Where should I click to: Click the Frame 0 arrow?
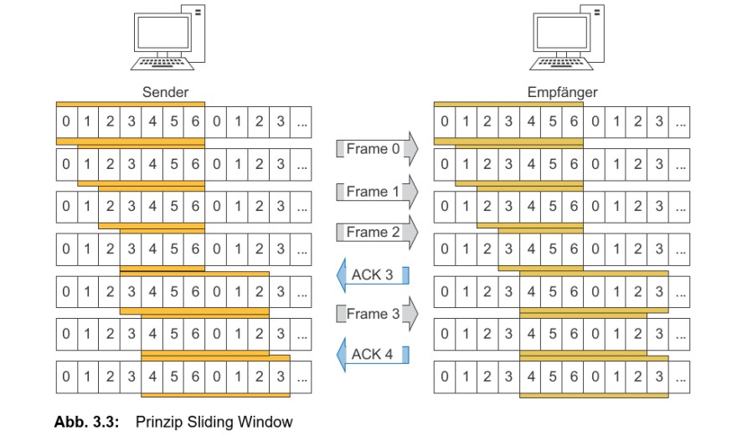coord(374,151)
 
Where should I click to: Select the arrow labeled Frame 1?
coord(374,192)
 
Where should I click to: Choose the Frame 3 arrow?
coord(374,314)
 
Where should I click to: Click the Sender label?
coord(165,93)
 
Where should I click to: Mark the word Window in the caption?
coord(269,423)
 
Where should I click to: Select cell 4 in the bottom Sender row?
coord(152,377)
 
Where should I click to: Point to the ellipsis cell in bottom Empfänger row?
coord(680,377)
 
